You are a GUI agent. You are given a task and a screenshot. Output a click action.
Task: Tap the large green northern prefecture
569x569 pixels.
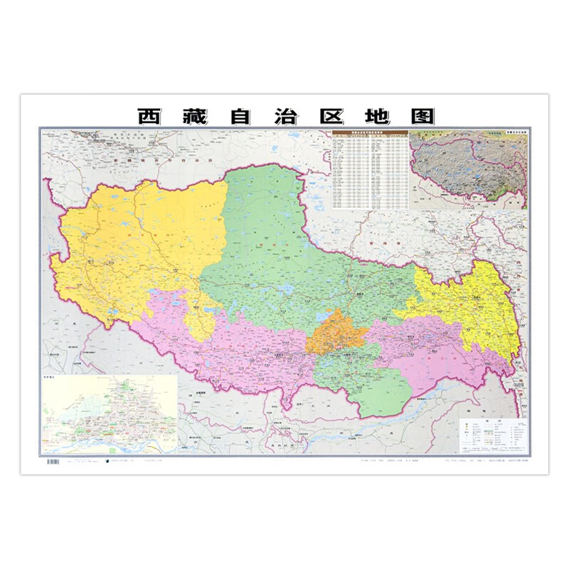point(277,235)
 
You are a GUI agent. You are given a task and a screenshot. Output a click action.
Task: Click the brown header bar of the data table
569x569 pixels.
point(370,133)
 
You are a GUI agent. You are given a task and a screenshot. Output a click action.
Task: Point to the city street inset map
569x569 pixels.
point(110,413)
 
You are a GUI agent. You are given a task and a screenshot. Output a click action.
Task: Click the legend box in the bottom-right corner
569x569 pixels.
point(494,434)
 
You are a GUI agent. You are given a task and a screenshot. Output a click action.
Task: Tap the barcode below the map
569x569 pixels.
point(53,463)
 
